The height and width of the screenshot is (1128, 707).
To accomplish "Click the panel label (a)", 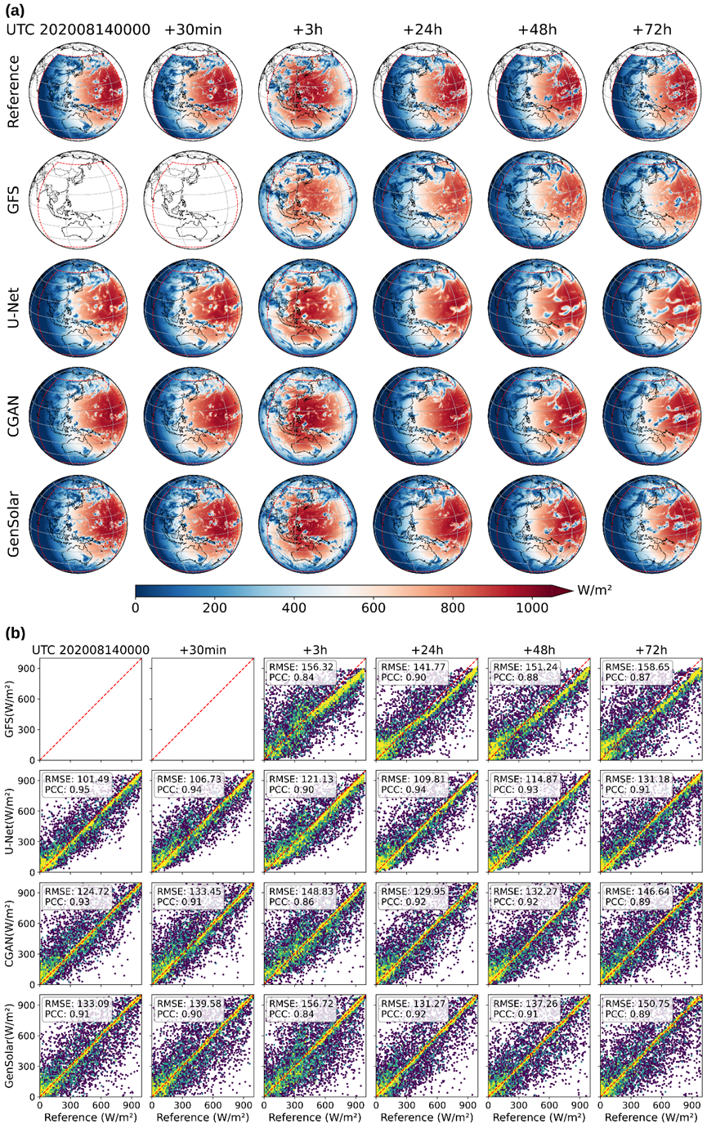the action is [14, 9].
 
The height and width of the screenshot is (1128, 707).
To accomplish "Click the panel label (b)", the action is [15, 633].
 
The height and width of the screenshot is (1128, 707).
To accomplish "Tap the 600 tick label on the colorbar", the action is [374, 608].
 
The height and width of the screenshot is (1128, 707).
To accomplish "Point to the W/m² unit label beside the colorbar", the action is [594, 589].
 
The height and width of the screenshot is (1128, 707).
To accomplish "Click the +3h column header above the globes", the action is [307, 29].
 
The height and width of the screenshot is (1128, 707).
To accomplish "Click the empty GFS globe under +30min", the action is [193, 199].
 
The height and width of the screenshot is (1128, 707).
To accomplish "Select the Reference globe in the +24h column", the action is [423, 92].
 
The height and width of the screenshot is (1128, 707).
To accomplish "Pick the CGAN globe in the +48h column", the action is [537, 416].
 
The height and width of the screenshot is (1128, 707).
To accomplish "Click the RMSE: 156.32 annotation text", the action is [301, 667].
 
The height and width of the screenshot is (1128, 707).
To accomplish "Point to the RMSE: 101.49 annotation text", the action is [77, 779].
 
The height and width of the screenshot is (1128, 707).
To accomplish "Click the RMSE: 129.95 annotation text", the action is [414, 891].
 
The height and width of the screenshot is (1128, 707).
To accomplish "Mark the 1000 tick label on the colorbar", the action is [532, 608].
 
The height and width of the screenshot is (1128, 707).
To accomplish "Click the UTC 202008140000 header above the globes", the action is [78, 29].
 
